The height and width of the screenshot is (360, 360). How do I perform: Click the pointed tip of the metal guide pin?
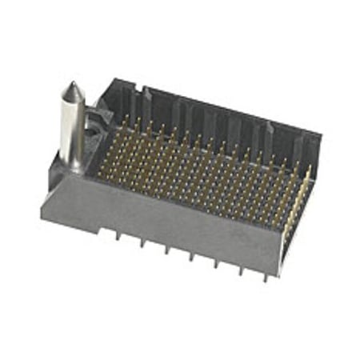[71, 83]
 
